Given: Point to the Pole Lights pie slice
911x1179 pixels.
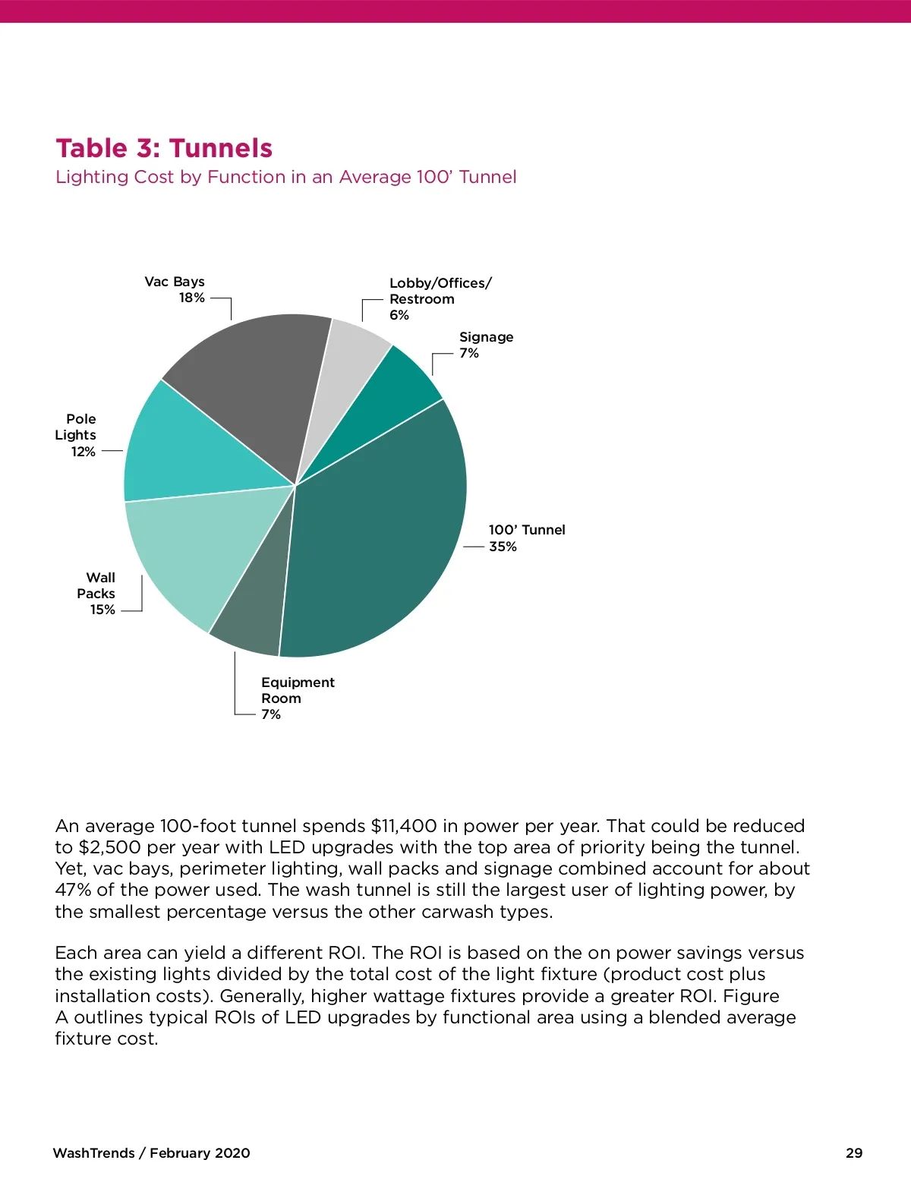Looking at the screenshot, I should [190, 448].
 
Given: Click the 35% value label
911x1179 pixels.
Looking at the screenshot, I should [503, 547].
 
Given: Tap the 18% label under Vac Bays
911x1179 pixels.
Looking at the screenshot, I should [192, 298].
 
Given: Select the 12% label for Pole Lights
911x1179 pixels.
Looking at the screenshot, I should [84, 452].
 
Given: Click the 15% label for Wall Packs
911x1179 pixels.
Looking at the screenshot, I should [102, 610].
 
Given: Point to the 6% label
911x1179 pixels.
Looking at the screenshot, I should [399, 315].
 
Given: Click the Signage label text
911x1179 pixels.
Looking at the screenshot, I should [486, 337].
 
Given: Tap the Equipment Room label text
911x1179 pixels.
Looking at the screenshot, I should [298, 690].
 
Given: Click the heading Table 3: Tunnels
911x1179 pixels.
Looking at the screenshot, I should [164, 148].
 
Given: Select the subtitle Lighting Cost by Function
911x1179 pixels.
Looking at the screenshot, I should [285, 177].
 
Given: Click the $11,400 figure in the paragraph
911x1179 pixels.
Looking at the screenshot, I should [404, 826].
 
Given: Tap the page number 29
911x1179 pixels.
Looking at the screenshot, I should [854, 1153].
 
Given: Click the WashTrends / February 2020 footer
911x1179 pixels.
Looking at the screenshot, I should [151, 1153].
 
